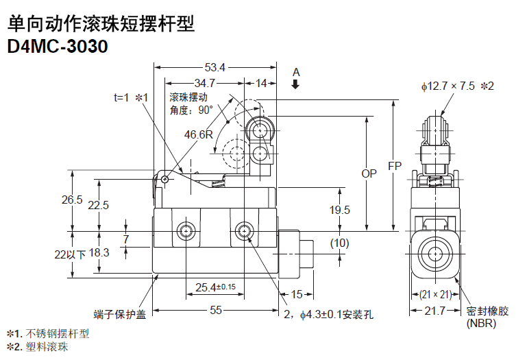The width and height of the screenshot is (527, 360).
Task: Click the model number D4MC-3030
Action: tap(58, 46)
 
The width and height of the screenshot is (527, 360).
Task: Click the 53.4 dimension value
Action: tap(215, 67)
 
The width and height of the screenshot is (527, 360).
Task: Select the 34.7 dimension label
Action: tap(204, 83)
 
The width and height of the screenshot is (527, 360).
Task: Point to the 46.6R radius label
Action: tap(199, 134)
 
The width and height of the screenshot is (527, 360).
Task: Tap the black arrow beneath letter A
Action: tap(295, 84)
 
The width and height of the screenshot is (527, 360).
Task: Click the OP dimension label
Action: tap(369, 173)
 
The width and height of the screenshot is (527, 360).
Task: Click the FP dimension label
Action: tap(395, 166)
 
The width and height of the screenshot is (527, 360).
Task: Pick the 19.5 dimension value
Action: tap(339, 210)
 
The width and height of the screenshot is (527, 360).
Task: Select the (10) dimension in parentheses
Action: tap(339, 243)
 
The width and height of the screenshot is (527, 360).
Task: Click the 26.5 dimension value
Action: tap(72, 200)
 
